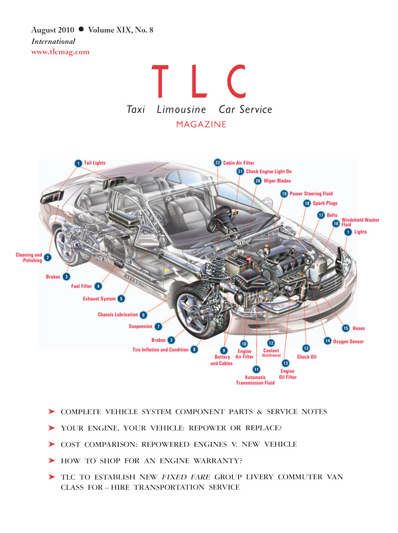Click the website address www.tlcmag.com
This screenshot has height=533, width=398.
(60, 52)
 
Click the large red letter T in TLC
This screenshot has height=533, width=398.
(160, 81)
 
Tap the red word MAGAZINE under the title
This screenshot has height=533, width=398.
(201, 124)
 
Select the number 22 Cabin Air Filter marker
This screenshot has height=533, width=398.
(218, 163)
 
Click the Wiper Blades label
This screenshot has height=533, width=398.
(277, 181)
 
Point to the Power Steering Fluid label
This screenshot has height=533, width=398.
(311, 194)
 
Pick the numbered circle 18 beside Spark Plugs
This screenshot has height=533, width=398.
(307, 203)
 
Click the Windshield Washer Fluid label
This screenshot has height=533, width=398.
(360, 222)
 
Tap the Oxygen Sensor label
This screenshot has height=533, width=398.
(348, 341)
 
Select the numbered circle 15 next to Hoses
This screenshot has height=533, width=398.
(346, 328)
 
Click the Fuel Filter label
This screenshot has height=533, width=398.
(82, 286)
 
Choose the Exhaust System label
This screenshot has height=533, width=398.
(99, 299)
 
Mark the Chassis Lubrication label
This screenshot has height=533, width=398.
(118, 315)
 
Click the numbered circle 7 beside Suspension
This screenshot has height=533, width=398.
(159, 327)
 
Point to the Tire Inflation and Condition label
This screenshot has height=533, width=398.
(161, 350)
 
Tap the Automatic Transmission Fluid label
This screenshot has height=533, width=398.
(255, 380)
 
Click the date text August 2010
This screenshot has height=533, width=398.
(52, 30)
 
